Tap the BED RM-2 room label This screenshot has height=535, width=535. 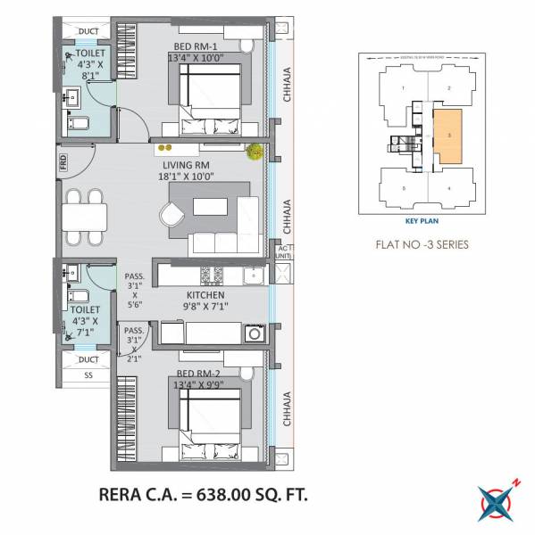click(197, 372)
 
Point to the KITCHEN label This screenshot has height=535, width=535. click(205, 294)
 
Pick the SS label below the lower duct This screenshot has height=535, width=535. click(87, 375)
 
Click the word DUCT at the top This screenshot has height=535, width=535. click(88, 32)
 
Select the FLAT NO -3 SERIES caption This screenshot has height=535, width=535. click(423, 243)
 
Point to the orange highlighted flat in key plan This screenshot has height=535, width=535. click(449, 136)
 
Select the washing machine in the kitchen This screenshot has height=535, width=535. click(254, 333)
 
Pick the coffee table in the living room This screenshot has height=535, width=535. click(211, 207)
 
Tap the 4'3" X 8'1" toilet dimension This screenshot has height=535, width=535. click(88, 70)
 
